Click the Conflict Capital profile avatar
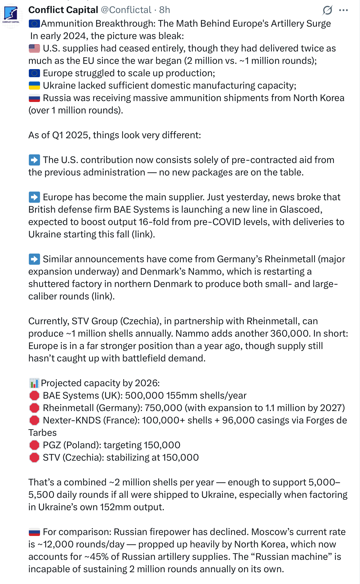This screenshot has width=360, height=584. coord(11,16)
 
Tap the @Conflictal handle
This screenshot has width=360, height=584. coord(126,10)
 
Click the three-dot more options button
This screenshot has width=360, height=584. coord(343,10)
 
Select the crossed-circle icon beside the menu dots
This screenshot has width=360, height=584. coord(327,10)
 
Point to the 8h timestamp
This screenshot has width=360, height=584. coord(165,10)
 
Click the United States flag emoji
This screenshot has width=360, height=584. coord(34,48)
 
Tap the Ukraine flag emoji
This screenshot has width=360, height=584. coord(34,86)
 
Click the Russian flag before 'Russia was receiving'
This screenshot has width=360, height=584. coord(34,98)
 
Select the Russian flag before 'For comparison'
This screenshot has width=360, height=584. coord(34,532)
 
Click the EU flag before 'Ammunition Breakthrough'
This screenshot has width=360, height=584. coord(34,24)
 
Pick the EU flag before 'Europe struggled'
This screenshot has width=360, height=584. coord(34,73)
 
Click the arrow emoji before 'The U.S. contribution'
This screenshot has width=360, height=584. coord(34,160)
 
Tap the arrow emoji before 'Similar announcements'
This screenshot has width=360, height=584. coord(34,259)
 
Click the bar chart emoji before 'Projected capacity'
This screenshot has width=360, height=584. coord(34,383)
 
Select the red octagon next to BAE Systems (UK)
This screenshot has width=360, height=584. coord(34,396)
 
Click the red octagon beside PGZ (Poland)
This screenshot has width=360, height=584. coord(34,445)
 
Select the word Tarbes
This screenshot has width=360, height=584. coord(42,433)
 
